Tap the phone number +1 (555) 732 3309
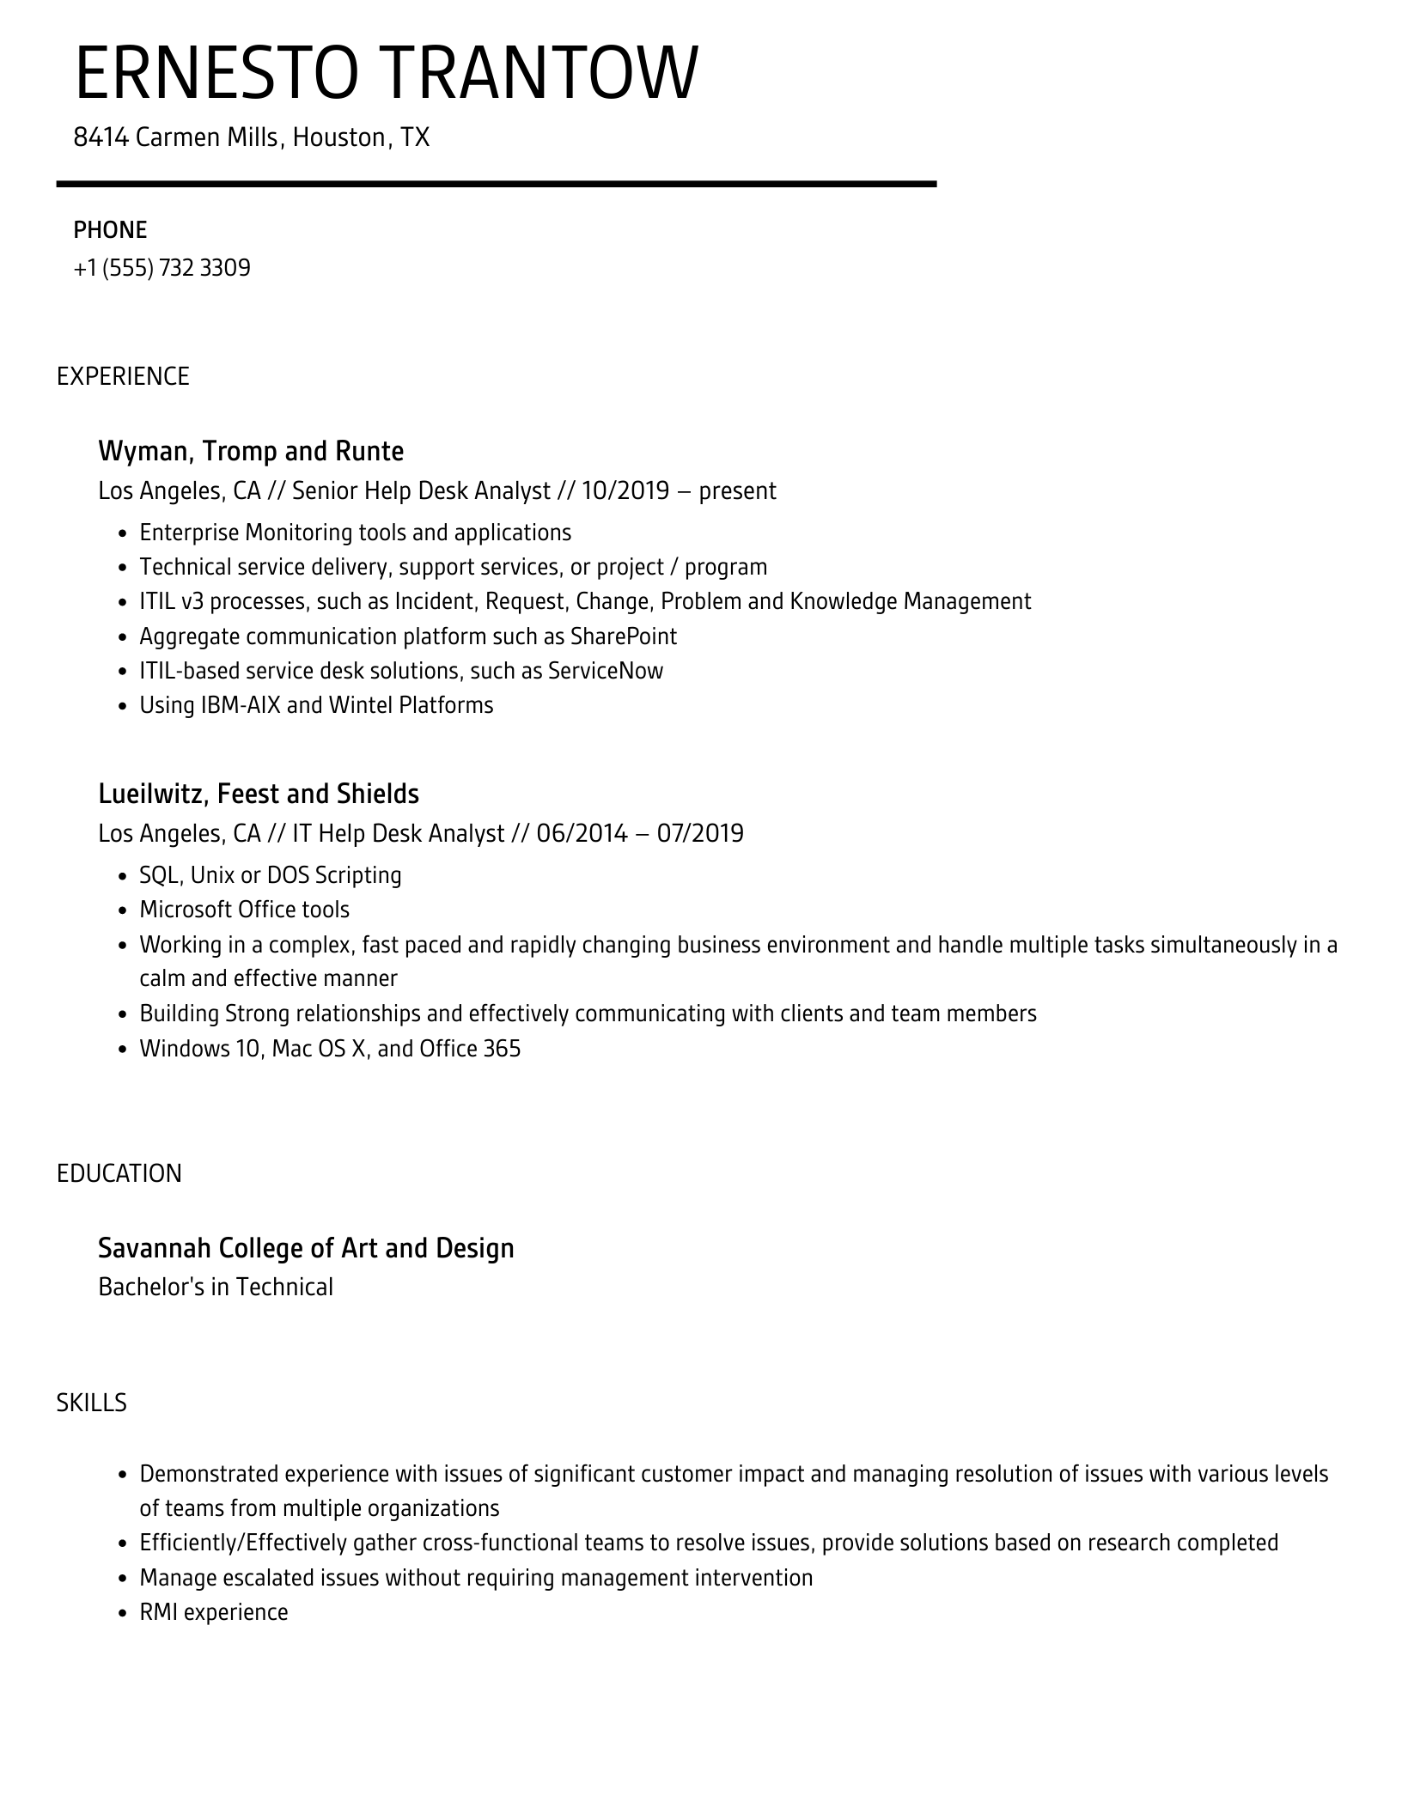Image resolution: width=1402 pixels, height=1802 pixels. (162, 268)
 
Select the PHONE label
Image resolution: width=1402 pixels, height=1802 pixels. (110, 229)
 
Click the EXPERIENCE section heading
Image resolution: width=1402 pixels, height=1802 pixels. (123, 376)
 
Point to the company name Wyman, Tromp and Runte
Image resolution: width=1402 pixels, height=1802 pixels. (251, 451)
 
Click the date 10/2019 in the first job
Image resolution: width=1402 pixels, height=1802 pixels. (625, 490)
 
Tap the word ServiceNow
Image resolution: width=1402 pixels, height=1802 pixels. (605, 671)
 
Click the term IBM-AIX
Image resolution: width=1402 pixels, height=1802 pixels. (241, 705)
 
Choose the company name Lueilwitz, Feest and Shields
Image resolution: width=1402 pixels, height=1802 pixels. (259, 794)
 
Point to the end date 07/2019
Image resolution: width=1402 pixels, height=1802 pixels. (700, 833)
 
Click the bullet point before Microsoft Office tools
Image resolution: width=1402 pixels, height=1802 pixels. (122, 910)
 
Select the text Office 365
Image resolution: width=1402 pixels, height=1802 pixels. (470, 1049)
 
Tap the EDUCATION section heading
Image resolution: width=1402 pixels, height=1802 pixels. (119, 1173)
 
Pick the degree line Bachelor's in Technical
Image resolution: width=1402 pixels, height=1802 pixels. (216, 1287)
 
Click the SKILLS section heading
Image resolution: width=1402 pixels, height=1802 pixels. (92, 1403)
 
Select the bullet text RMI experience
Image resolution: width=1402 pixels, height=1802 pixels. (214, 1612)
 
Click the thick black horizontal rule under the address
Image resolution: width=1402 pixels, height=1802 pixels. (497, 184)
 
